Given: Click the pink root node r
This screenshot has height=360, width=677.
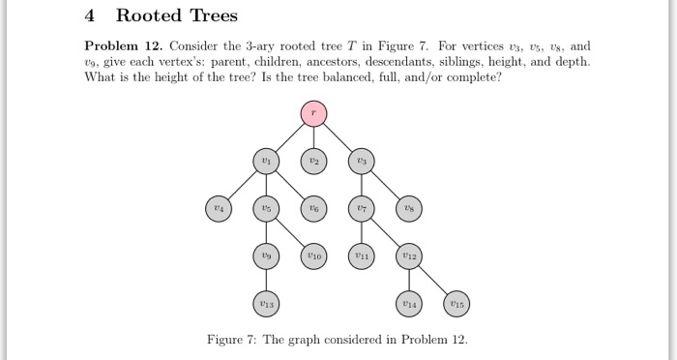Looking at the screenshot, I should tap(312, 112).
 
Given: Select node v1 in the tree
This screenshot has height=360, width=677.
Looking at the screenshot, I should tap(264, 160).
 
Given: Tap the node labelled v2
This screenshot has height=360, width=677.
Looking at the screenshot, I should tap(312, 160).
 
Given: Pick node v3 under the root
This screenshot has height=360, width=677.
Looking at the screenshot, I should tap(361, 160).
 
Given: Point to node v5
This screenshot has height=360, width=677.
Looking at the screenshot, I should tap(264, 208).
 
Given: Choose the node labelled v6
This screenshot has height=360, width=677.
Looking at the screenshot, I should tap(312, 208).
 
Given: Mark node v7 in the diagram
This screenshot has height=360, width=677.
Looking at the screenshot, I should tap(361, 208).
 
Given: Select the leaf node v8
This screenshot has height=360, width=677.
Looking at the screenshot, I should tap(408, 208).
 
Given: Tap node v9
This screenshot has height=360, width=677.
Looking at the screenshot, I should tap(264, 256).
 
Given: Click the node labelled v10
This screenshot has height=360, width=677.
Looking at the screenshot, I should tap(312, 256).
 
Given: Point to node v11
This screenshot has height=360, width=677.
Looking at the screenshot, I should tap(361, 256).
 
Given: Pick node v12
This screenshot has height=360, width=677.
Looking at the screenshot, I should tap(408, 256).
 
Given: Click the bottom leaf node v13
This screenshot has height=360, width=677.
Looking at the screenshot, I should tap(264, 304).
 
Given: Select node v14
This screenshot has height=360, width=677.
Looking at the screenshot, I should tap(408, 304).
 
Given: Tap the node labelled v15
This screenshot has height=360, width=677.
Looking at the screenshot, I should tap(456, 304).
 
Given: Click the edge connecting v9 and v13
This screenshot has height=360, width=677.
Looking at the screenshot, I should tap(264, 281).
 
